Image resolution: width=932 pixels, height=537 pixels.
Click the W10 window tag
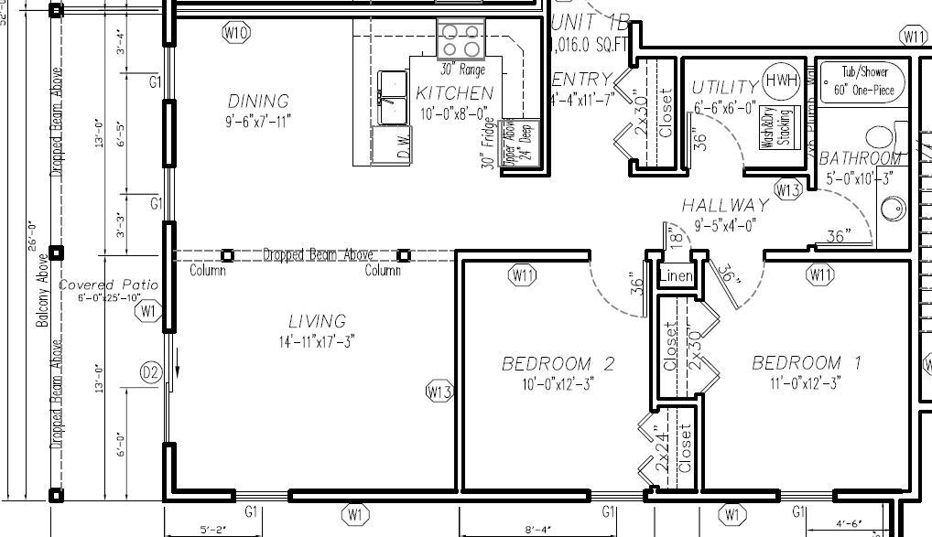click(236, 33)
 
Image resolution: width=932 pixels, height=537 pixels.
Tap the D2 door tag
click(151, 372)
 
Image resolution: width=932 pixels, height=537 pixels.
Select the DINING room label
click(258, 101)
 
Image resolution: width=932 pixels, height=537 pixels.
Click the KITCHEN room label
click(454, 93)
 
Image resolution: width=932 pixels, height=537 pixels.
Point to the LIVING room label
click(317, 321)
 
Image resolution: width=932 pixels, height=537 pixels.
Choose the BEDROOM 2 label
click(558, 364)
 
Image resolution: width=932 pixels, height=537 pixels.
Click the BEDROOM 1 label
click(806, 363)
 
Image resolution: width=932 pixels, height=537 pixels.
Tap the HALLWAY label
click(724, 206)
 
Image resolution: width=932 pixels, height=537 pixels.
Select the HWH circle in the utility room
click(781, 81)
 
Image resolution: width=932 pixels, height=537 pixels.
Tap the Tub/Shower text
click(860, 72)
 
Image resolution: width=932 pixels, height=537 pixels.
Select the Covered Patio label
click(108, 285)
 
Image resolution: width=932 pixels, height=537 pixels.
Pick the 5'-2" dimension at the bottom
click(212, 529)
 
